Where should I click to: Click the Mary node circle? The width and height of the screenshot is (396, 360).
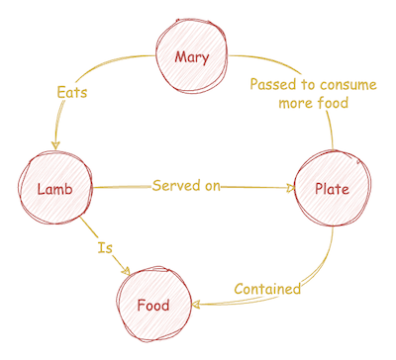192,56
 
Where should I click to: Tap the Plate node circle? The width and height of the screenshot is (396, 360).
331,187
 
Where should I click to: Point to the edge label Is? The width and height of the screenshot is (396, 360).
104,247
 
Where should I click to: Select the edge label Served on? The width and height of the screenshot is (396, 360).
185,186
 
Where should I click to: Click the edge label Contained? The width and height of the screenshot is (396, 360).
266,289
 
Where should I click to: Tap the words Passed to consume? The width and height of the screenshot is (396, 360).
312,85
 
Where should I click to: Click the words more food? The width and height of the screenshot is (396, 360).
313,105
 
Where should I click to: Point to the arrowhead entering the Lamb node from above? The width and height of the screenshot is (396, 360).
56,144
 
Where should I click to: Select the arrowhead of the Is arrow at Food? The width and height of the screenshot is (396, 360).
129,270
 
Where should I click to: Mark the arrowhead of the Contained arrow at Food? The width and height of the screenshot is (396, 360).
196,306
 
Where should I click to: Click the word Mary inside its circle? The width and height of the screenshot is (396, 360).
192,56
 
